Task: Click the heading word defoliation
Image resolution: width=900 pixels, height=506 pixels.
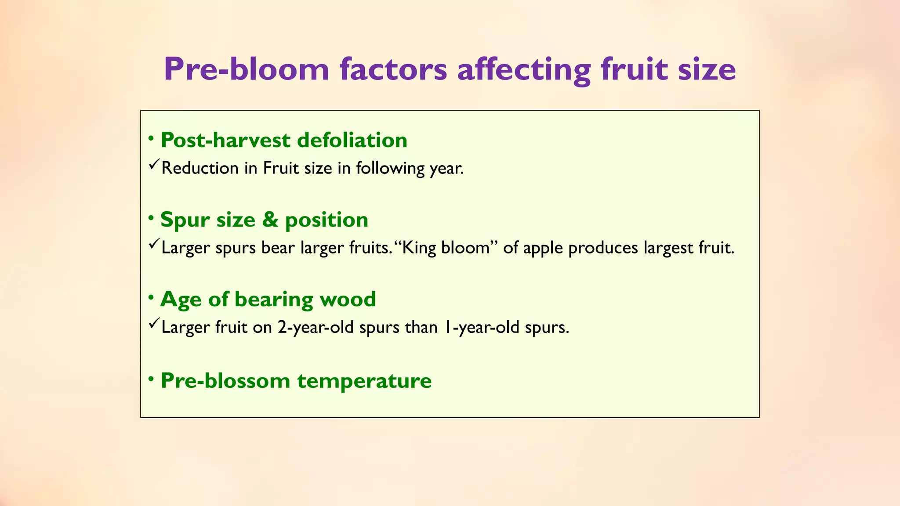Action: [x=352, y=140]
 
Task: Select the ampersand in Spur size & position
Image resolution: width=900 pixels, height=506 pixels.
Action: [x=270, y=220]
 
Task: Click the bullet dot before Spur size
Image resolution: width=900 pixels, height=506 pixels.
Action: [x=151, y=218]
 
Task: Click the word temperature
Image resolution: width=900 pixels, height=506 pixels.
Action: [x=364, y=380]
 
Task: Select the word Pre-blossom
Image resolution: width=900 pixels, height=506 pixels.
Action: [x=225, y=380]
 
